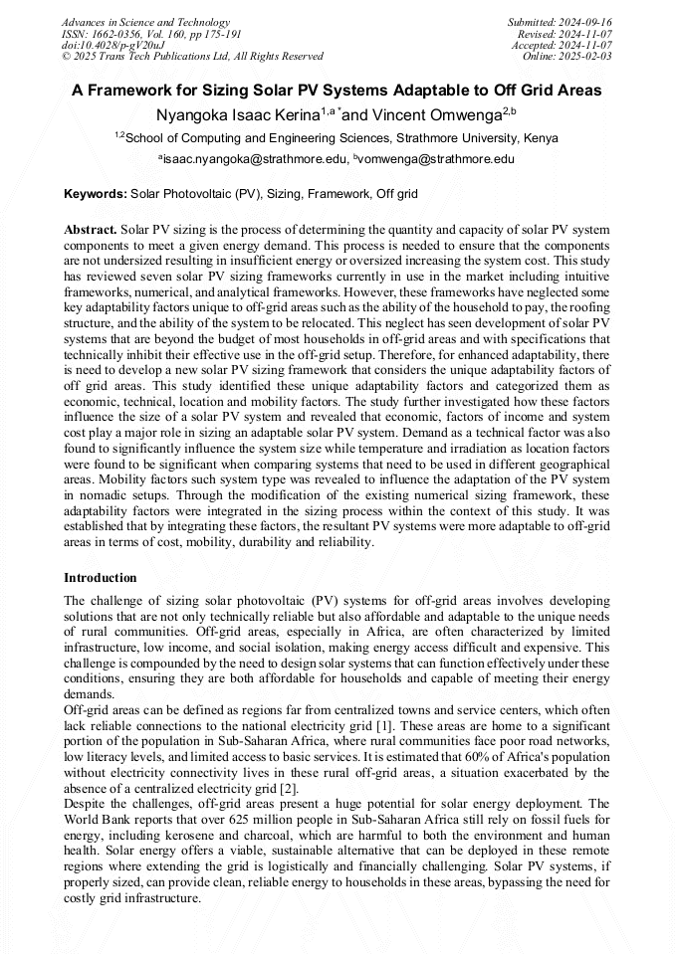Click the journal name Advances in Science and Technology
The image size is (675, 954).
[x=145, y=22]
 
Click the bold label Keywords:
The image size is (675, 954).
[x=95, y=193]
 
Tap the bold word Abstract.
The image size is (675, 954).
[x=91, y=229]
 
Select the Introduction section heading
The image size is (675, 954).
[x=101, y=578]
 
